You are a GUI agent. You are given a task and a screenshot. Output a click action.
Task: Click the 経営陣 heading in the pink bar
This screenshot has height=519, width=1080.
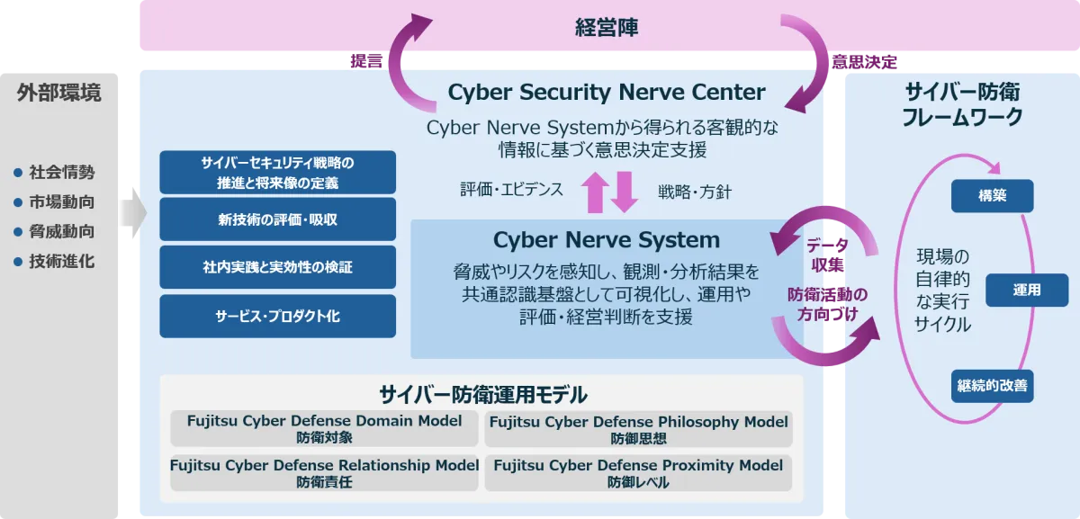pos(607,28)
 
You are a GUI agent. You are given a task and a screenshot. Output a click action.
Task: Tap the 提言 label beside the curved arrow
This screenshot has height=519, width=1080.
pos(366,61)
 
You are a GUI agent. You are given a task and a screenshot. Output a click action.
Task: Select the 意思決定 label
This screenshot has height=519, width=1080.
pos(865,62)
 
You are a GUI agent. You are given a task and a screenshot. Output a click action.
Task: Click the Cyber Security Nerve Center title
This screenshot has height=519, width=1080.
pos(607,92)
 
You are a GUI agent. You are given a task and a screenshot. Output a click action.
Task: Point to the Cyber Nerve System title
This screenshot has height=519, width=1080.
pos(607,239)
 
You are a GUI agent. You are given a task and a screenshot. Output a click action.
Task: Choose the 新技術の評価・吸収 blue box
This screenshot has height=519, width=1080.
pos(278,219)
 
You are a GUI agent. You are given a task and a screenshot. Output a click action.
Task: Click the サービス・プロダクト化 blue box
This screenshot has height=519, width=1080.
pos(278,316)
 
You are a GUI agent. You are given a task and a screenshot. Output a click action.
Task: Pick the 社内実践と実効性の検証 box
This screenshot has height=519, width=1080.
pos(278,267)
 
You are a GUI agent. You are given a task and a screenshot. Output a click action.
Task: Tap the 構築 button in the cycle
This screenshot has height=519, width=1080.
pos(992,196)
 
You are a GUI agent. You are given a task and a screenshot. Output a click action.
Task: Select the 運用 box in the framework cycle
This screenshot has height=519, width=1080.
pos(1027,291)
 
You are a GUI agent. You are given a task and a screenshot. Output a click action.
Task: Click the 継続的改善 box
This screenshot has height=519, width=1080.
pos(992,386)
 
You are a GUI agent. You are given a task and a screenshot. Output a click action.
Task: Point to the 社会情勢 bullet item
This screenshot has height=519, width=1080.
pos(55,172)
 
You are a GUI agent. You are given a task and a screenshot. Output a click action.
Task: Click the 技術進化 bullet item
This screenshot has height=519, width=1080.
pos(55,262)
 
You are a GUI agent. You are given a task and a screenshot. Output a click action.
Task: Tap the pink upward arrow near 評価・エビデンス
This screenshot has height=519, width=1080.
pos(596,192)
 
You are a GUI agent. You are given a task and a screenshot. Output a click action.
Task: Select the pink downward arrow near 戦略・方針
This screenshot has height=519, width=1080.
pos(625,192)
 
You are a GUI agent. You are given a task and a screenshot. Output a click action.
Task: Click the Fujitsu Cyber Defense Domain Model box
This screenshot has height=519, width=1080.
pos(324,428)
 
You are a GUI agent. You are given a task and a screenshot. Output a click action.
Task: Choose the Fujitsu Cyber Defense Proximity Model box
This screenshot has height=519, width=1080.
pos(638,473)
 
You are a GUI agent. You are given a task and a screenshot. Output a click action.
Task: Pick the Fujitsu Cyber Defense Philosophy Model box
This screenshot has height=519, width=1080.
pos(638,428)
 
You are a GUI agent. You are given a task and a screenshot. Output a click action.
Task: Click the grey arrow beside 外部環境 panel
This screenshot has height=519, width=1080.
pos(133,212)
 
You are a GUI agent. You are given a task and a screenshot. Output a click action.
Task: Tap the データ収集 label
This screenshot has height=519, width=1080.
pos(827,255)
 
